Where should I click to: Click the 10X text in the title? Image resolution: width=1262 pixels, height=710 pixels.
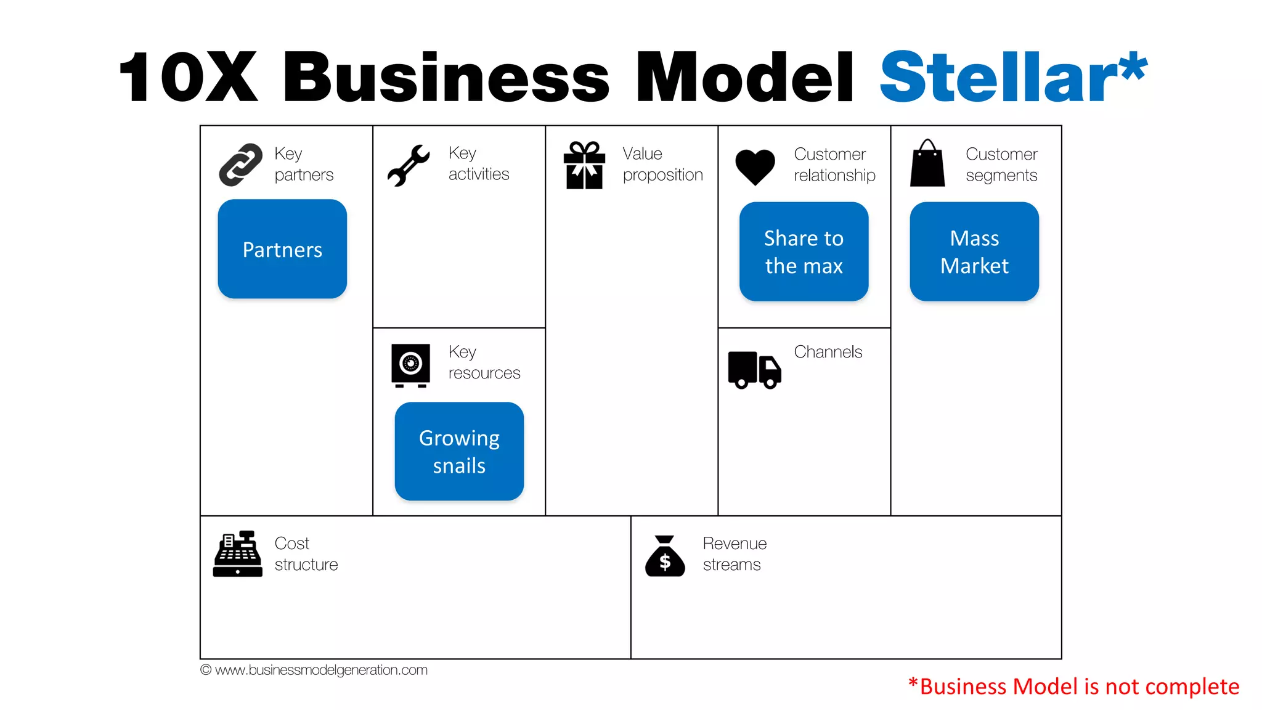[x=188, y=78]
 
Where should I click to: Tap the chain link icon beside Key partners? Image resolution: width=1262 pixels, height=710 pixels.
[x=240, y=165]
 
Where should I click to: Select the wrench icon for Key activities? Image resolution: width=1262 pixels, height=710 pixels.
[x=408, y=165]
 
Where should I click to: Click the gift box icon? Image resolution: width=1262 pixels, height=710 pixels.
[x=584, y=165]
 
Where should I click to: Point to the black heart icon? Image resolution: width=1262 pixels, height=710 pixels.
[x=755, y=166]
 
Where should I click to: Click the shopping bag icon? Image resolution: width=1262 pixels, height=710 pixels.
[x=927, y=164]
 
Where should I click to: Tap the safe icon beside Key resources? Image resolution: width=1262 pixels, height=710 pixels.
[x=410, y=365]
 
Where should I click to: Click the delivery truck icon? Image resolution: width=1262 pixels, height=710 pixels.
[x=754, y=370]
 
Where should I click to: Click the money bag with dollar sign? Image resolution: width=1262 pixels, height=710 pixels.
[x=665, y=556]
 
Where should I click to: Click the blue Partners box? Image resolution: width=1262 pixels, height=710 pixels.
[x=282, y=249]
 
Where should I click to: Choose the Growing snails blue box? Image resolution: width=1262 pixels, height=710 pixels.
[x=459, y=451]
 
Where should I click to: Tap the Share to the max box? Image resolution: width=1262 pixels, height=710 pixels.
[x=804, y=251]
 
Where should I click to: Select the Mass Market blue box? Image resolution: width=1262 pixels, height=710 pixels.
[x=974, y=251]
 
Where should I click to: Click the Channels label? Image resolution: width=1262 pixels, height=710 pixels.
[x=828, y=352]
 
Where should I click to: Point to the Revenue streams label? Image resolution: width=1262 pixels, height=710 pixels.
[x=734, y=553]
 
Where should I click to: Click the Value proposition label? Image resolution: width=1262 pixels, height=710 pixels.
[x=662, y=164]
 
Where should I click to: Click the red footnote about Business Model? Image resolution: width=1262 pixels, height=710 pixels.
[x=1073, y=686]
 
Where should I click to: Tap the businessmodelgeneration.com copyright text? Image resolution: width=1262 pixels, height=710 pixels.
[x=314, y=670]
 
